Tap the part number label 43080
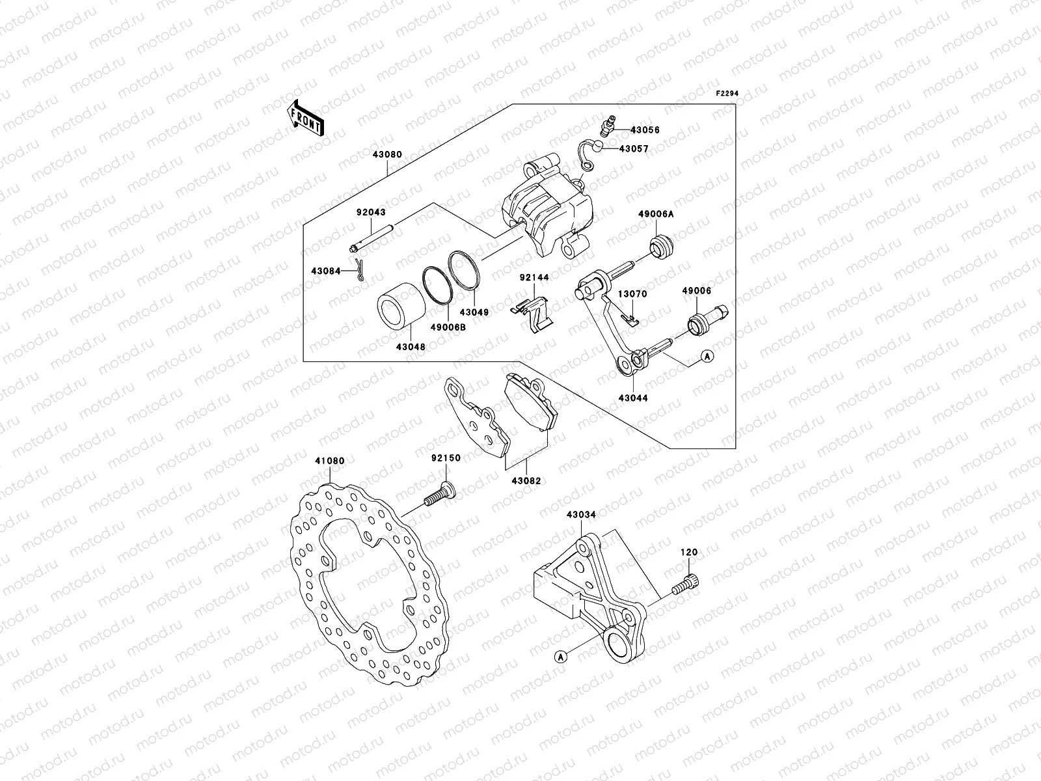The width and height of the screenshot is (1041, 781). pyautogui.click(x=387, y=155)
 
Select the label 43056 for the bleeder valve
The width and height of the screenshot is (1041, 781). pyautogui.click(x=645, y=130)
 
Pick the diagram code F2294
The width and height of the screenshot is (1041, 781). pyautogui.click(x=728, y=94)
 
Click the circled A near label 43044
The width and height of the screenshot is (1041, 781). pyautogui.click(x=707, y=356)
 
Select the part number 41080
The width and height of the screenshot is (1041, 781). pyautogui.click(x=330, y=461)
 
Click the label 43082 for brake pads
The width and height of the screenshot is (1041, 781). pyautogui.click(x=526, y=481)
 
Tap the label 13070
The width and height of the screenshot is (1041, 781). pyautogui.click(x=632, y=294)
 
